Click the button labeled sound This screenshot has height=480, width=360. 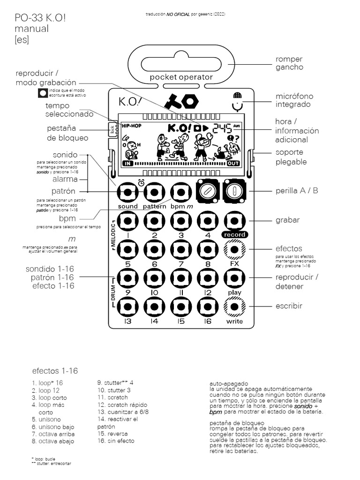pos(127,192)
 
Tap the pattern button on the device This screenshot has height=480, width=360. pos(154,192)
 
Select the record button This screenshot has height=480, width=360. pos(234,220)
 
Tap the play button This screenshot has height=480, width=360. pos(234,278)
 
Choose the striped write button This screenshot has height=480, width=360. pos(234,307)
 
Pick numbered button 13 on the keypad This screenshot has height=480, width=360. pos(127,307)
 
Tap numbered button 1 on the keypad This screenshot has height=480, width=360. pos(127,220)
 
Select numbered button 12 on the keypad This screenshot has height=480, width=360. pos(208,278)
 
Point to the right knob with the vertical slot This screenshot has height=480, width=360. pos(235,191)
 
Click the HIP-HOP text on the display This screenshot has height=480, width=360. pos(132,126)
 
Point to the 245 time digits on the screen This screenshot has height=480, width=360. pos(222,127)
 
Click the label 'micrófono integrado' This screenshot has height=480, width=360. pos(293,100)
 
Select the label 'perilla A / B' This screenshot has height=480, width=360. pos(297,191)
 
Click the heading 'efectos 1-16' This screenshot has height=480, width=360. pos(55,371)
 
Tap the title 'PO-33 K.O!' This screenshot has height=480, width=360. pos(40,18)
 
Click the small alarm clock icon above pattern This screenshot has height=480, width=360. pos(141,182)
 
